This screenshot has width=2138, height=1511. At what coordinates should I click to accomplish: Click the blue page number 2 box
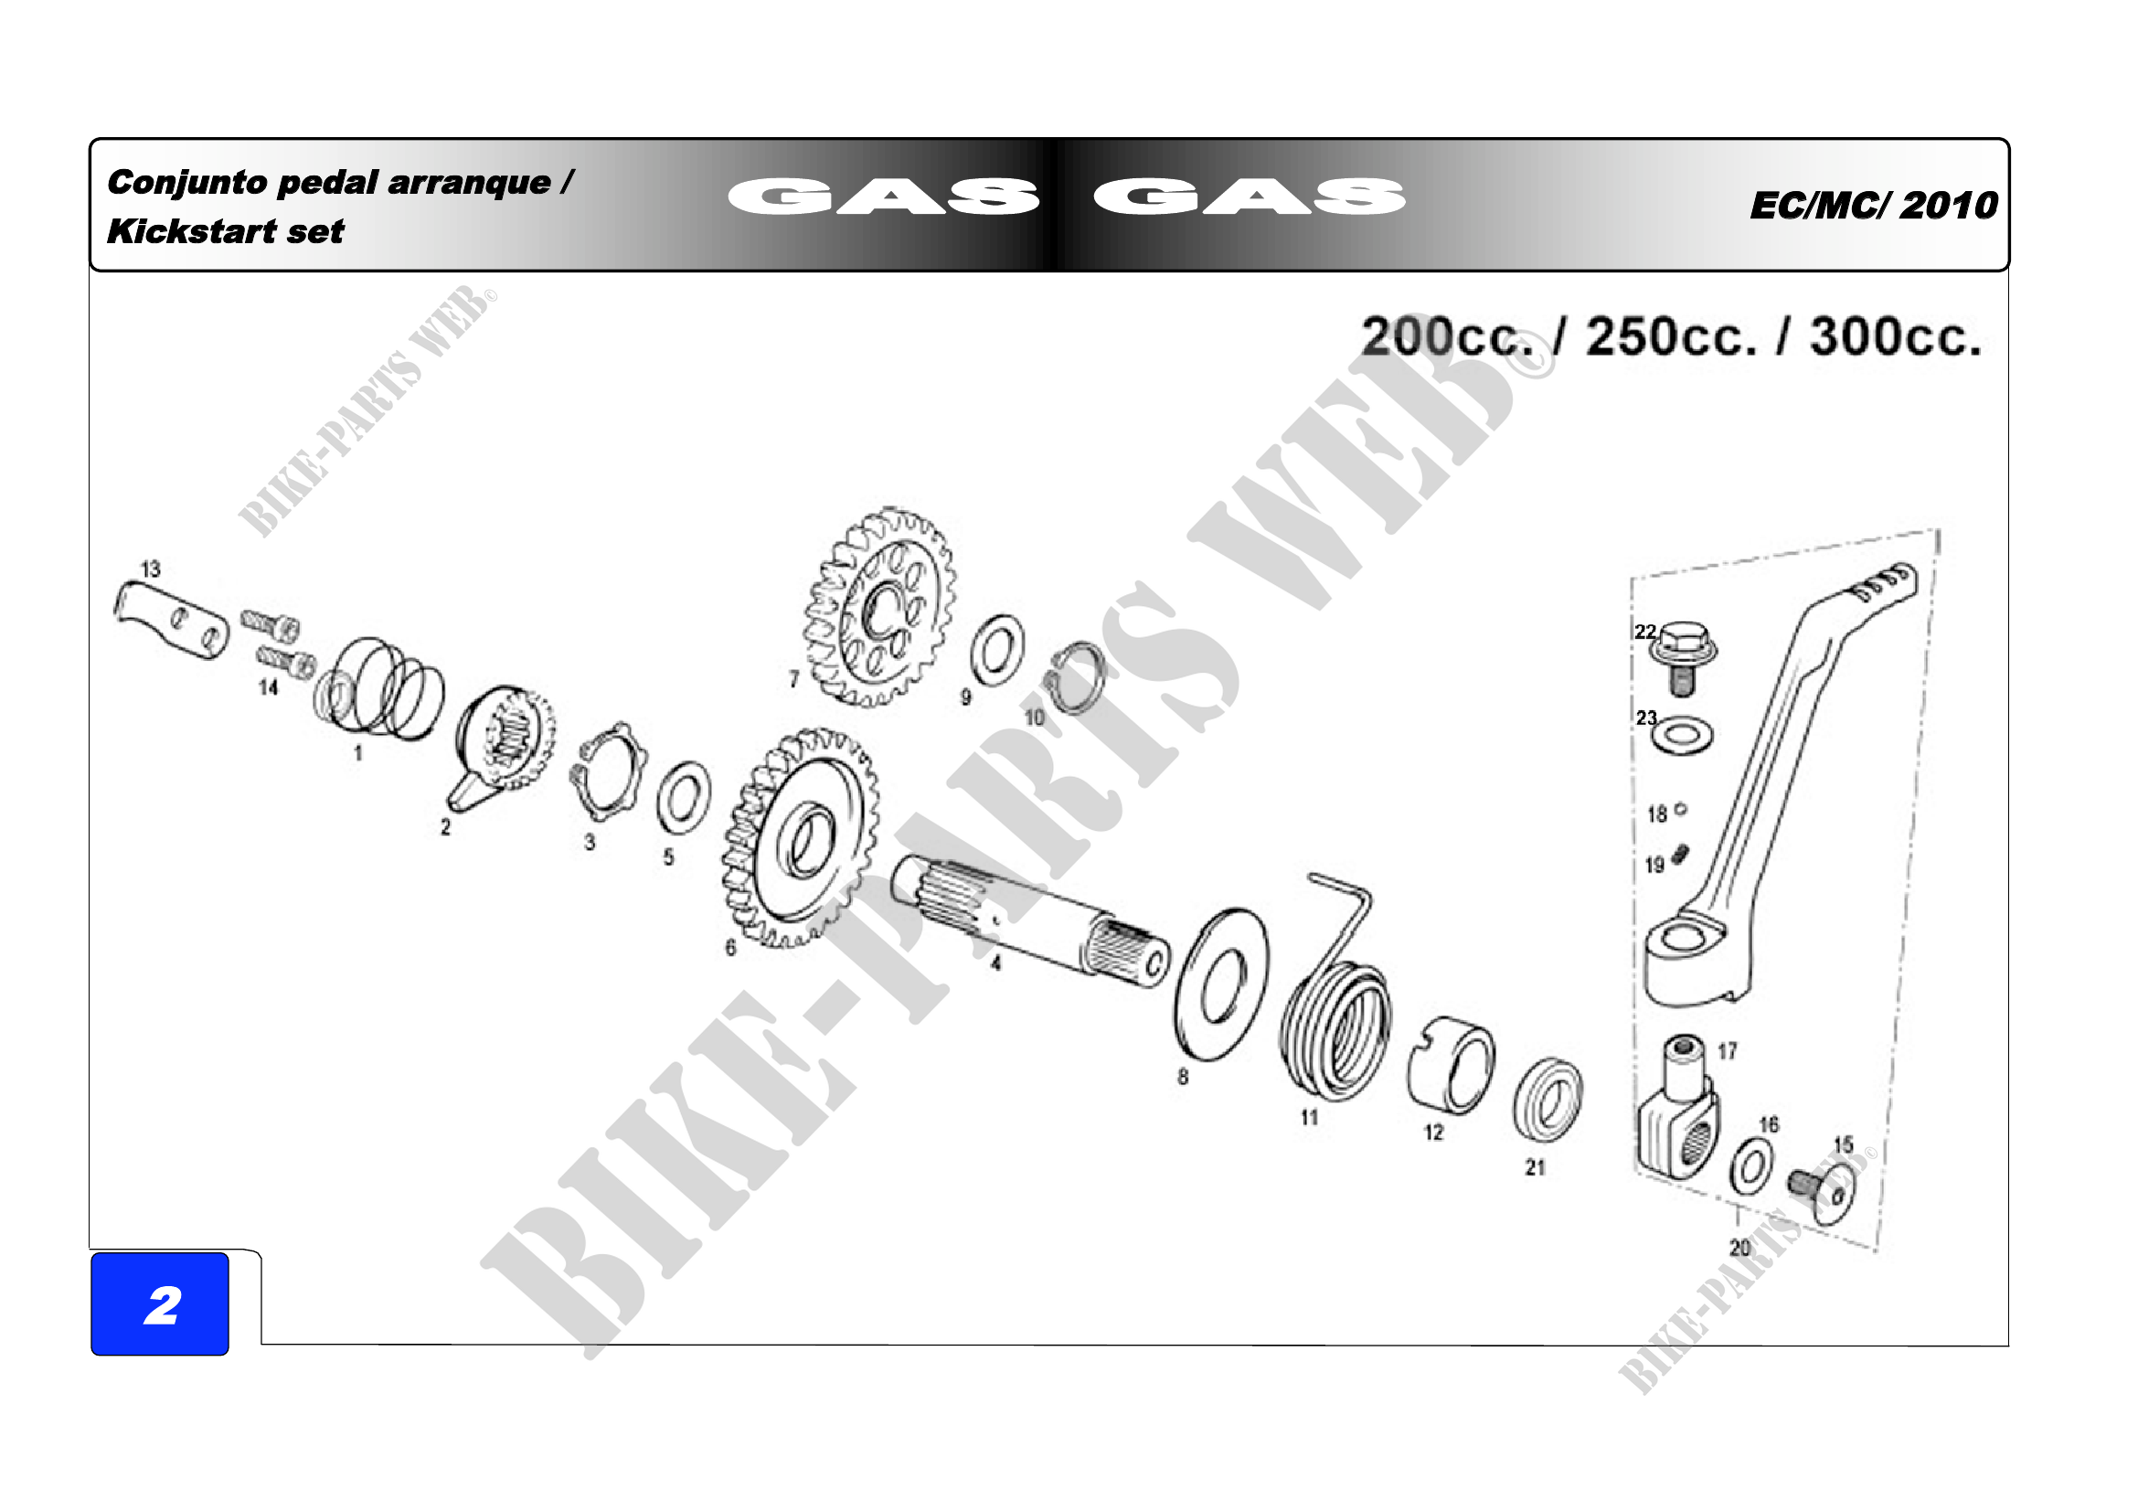[x=160, y=1304]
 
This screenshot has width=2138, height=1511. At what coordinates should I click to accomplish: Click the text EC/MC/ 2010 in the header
[x=1874, y=206]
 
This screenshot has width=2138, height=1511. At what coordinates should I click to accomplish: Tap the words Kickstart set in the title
[x=226, y=231]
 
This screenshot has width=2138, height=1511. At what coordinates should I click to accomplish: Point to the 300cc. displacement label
[x=1895, y=336]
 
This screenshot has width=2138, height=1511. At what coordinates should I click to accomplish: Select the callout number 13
[x=151, y=569]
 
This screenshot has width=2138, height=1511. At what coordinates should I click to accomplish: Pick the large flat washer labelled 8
[x=1222, y=984]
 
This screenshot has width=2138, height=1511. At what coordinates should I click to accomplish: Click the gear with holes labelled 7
[x=879, y=607]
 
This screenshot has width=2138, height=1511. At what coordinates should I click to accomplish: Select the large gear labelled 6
[x=802, y=837]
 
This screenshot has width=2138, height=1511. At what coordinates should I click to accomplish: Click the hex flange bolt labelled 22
[x=1684, y=658]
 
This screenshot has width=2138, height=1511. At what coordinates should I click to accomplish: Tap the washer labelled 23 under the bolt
[x=1683, y=736]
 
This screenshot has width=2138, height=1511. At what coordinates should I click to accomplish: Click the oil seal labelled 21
[x=1547, y=1100]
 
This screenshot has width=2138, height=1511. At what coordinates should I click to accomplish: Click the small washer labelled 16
[x=1751, y=1168]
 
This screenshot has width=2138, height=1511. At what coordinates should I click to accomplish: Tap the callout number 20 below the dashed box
[x=1739, y=1248]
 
